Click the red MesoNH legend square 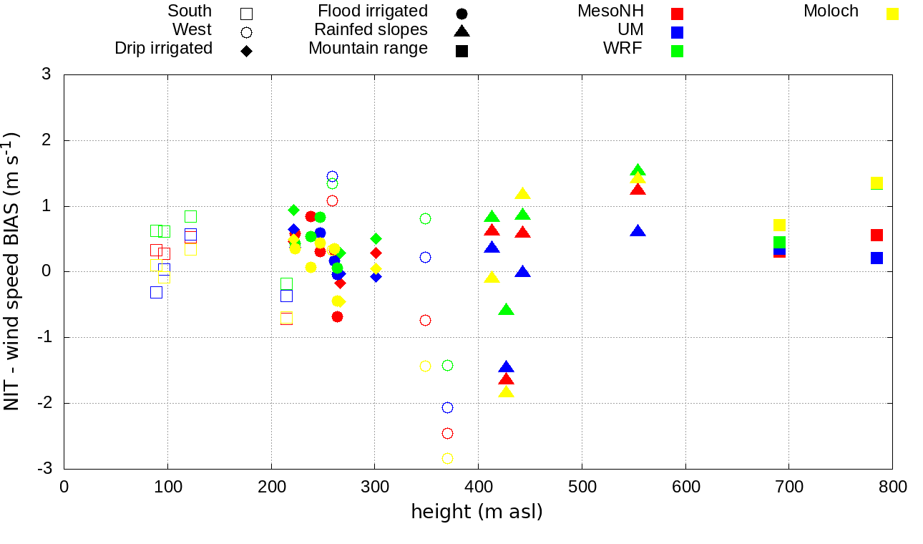677,14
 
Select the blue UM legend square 677,32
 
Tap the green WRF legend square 677,51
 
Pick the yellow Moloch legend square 892,14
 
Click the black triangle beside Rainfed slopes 461,31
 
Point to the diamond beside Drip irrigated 246,51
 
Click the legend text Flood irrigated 373,11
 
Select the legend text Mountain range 368,49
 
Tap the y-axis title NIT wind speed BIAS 13,271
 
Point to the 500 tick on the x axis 582,487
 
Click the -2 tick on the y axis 47,403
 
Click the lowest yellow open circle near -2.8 447,458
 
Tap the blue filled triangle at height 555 638,231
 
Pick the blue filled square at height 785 876,258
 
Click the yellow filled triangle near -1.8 506,392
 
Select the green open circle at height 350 425,218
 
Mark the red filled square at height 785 876,235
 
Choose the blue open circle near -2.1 447,407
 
